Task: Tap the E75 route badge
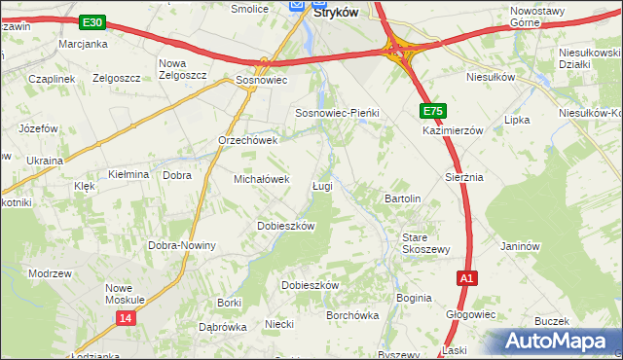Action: [x=433, y=111]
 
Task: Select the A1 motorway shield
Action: [x=467, y=278]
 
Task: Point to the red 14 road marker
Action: [x=125, y=318]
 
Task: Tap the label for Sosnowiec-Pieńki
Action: [x=336, y=114]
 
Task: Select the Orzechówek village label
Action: [x=248, y=140]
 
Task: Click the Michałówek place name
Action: [x=262, y=180]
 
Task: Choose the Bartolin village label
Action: [x=403, y=198]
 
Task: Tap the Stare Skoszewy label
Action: [x=426, y=243]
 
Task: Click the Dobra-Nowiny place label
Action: [x=182, y=245]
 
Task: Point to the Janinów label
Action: [x=520, y=247]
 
